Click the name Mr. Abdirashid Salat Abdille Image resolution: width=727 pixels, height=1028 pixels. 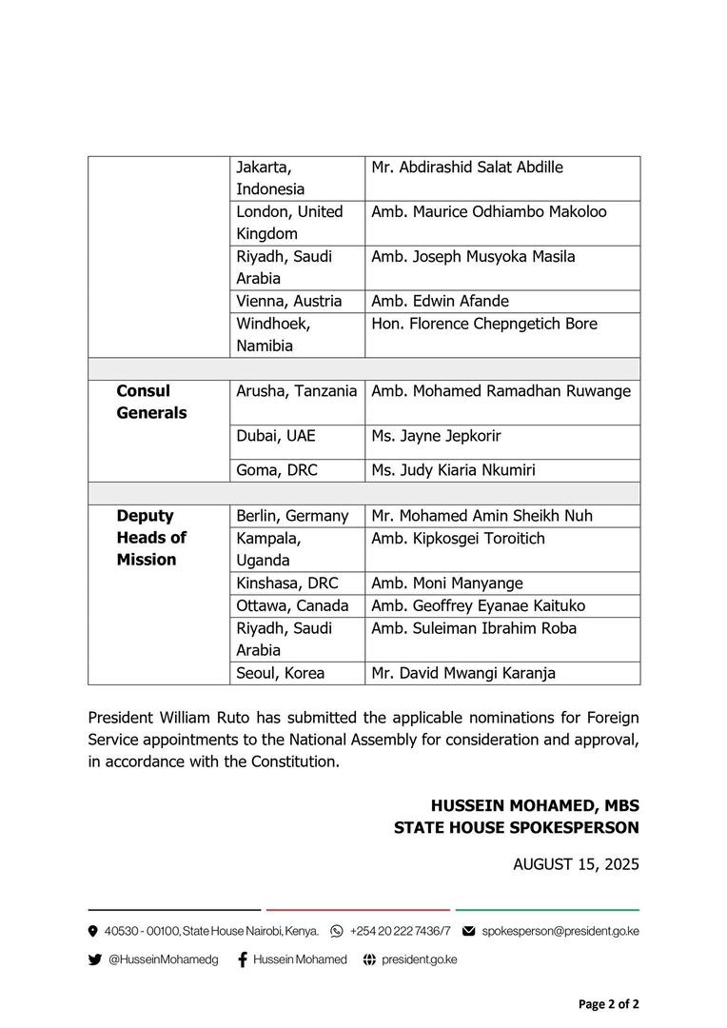tap(466, 168)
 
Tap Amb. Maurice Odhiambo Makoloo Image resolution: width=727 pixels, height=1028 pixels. tap(488, 211)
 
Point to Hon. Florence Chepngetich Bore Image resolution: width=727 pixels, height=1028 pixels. tap(483, 324)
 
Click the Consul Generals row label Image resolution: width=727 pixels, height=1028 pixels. tap(151, 402)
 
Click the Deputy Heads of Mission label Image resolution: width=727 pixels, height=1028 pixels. tap(151, 538)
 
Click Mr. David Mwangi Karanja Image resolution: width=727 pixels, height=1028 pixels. tap(463, 673)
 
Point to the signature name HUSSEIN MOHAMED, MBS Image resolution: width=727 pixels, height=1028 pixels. tap(535, 804)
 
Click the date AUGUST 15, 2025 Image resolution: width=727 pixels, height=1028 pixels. tap(576, 864)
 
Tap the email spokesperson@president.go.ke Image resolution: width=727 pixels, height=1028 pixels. tap(560, 930)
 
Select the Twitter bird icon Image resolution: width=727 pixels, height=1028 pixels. tap(94, 959)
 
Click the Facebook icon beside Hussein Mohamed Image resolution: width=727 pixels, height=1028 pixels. tap(243, 959)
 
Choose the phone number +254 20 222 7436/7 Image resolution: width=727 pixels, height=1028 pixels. tap(400, 930)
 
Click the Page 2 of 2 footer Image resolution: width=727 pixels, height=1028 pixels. tap(608, 1004)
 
